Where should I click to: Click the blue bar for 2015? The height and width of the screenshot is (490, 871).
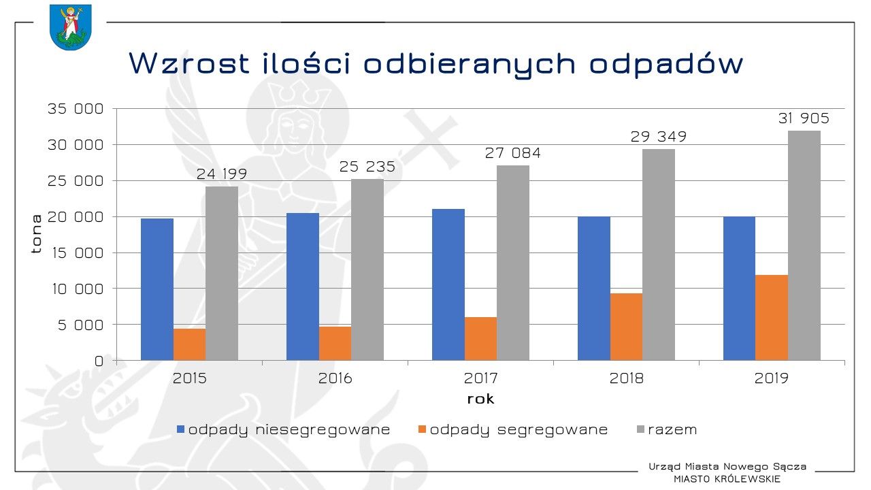(x=157, y=289)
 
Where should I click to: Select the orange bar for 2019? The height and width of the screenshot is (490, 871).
(x=772, y=318)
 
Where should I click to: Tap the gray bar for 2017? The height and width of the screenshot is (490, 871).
(x=513, y=263)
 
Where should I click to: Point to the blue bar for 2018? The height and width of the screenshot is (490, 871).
(x=594, y=289)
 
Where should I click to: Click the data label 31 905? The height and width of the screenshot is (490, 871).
(x=804, y=118)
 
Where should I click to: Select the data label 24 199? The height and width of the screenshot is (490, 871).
(x=222, y=174)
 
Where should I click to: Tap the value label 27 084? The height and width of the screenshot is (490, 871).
(x=513, y=153)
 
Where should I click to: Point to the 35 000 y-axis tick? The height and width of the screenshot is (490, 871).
(x=75, y=109)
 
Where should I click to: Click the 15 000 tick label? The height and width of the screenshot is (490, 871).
(x=75, y=253)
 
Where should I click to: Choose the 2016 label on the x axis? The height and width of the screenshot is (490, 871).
(x=335, y=378)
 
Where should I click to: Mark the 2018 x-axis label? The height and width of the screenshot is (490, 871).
(x=627, y=378)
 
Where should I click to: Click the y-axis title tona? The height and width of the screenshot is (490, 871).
(x=37, y=233)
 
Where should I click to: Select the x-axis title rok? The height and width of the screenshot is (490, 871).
(x=480, y=399)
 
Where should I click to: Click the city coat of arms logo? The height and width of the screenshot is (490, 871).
(x=70, y=27)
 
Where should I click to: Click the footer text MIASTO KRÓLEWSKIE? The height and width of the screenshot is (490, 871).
(x=727, y=479)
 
